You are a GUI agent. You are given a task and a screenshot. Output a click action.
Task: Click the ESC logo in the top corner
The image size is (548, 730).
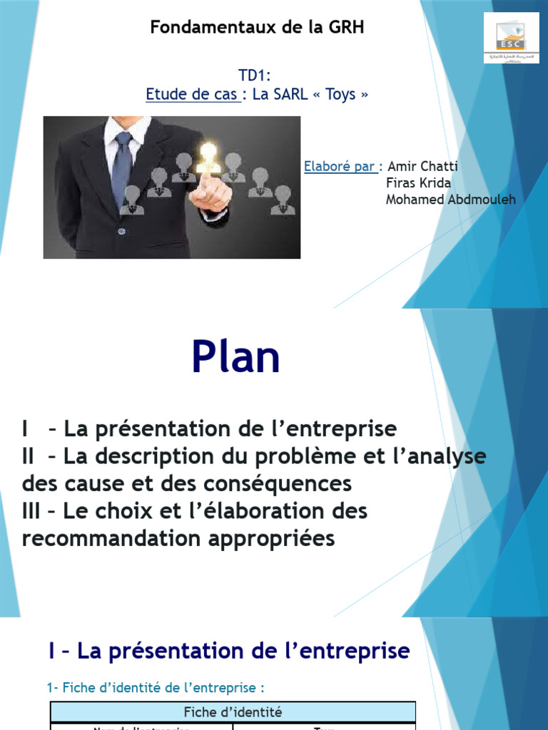[x=511, y=37]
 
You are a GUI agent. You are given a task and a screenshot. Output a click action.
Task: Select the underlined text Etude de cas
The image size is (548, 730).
[x=193, y=94]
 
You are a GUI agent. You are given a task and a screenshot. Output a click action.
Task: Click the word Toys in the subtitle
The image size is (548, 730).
[x=340, y=94]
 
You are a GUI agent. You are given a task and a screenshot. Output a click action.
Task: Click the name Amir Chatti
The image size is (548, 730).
[x=422, y=166]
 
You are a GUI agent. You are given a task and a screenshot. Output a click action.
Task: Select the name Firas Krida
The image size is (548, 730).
[x=418, y=182]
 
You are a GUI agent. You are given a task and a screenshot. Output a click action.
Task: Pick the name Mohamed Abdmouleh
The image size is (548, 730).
[x=450, y=199]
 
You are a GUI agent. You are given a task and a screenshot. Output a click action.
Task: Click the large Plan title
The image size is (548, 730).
[x=235, y=358]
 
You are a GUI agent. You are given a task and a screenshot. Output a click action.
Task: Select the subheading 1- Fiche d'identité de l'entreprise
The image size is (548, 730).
[x=156, y=688]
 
